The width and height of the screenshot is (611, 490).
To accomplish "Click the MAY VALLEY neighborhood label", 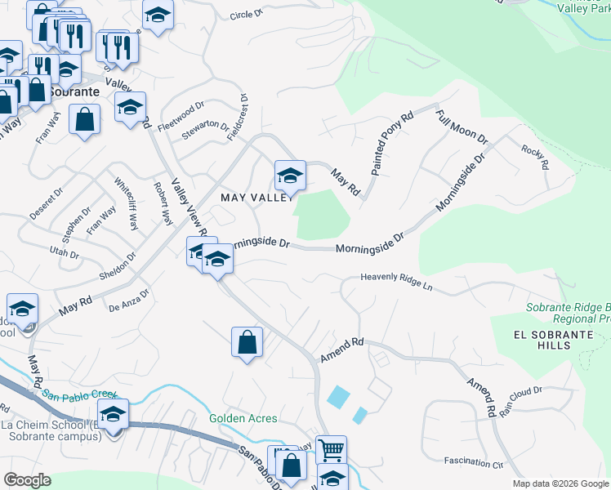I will pyautogui.click(x=257, y=198).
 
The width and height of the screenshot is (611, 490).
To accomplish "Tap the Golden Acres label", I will pyautogui.click(x=243, y=418).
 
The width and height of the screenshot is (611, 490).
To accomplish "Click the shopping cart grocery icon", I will pyautogui.click(x=331, y=449).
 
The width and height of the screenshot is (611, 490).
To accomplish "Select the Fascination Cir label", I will pyautogui.click(x=477, y=461).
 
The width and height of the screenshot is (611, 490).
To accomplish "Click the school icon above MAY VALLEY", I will pyautogui.click(x=289, y=175).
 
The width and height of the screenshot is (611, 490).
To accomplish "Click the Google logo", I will pyautogui.click(x=27, y=479).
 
